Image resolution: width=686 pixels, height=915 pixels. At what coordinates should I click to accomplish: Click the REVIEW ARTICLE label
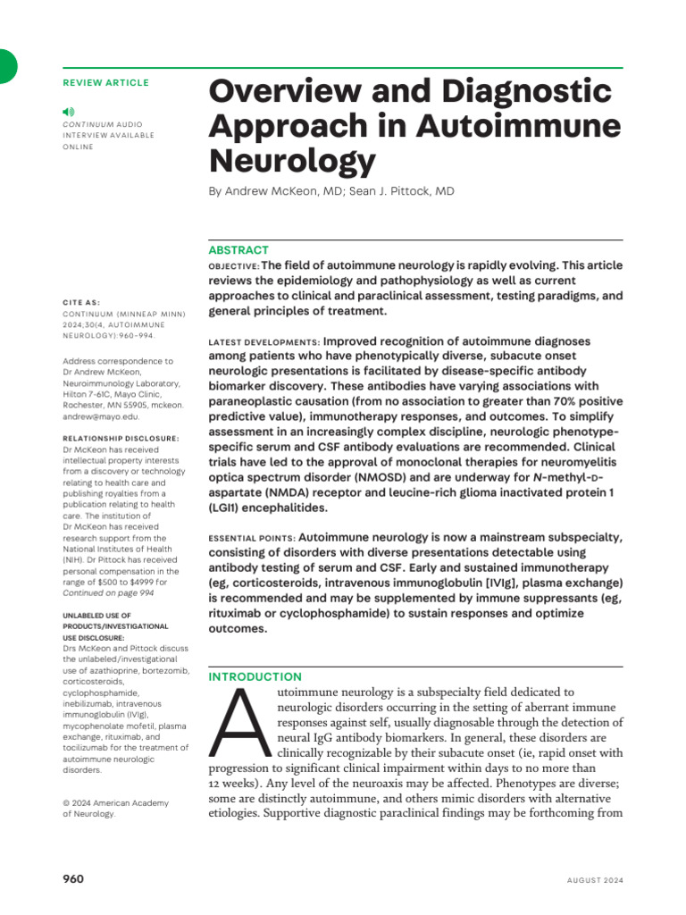click(x=106, y=83)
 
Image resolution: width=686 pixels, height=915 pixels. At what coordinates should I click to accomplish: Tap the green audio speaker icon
click(x=69, y=111)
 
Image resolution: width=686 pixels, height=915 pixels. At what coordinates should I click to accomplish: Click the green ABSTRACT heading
click(x=238, y=250)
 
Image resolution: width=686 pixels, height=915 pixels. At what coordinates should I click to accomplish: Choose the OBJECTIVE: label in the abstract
click(x=233, y=267)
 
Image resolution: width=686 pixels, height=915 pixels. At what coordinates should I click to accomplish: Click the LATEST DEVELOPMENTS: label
click(x=264, y=342)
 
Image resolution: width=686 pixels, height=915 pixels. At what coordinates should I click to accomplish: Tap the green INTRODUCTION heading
click(x=255, y=676)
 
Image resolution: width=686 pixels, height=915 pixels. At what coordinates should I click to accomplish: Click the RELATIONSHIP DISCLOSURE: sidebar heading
click(x=121, y=438)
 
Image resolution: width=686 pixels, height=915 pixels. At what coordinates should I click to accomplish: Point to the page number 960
click(x=73, y=879)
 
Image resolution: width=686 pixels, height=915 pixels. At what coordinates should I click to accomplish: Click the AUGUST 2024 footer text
click(x=595, y=880)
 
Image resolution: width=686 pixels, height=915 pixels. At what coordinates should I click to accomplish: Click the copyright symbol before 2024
click(x=67, y=803)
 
